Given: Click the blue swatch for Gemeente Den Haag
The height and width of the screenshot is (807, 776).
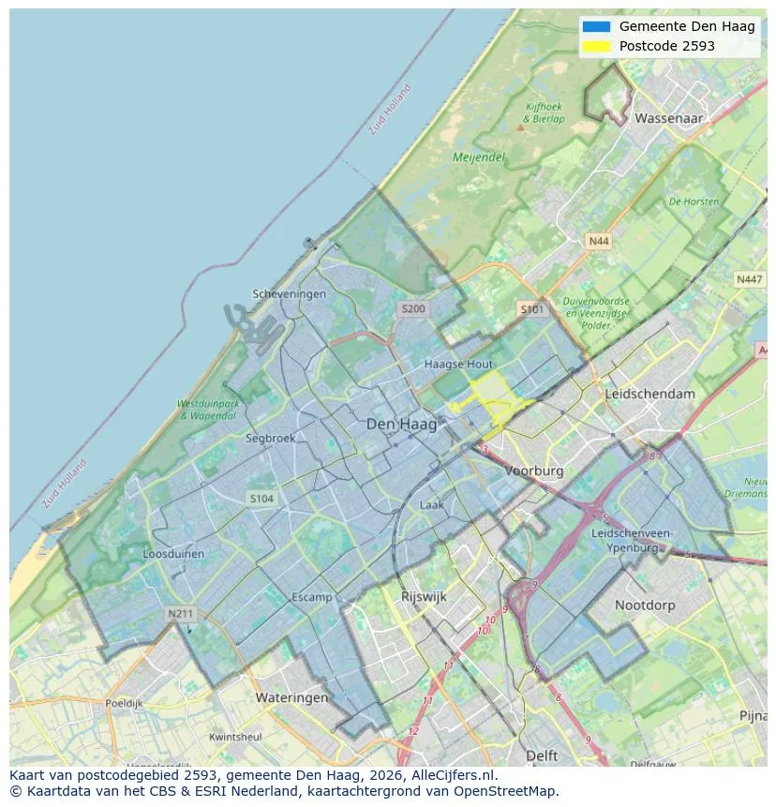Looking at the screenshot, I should [x=595, y=26].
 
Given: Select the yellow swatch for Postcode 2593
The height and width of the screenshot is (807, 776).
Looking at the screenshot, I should [x=595, y=46].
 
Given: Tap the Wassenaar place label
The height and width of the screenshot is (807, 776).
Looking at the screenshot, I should [x=668, y=119].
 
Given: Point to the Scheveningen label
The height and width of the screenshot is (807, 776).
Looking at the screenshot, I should [x=290, y=294].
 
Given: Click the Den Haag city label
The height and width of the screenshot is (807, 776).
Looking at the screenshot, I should [x=401, y=425].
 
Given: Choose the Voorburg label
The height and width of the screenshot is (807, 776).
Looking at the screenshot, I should [x=534, y=471].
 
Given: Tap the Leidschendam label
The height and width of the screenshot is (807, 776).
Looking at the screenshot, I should [x=650, y=394].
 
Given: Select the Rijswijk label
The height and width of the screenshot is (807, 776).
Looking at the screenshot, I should [x=424, y=596].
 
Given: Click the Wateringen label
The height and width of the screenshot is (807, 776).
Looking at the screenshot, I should [x=291, y=697].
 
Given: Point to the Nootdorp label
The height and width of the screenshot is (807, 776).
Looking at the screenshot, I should [x=645, y=605].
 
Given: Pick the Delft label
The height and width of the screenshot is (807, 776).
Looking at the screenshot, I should [x=542, y=755].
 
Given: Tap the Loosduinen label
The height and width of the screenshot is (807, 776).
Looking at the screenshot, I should [x=173, y=554].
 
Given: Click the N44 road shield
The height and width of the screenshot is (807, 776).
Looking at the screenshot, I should [x=598, y=242].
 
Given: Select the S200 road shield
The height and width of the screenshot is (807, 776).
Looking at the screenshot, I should [x=412, y=308].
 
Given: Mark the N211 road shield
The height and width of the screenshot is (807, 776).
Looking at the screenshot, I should [x=180, y=614].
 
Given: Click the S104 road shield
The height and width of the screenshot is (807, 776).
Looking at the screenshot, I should [x=261, y=499].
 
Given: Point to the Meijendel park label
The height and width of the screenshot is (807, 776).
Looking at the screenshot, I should [x=478, y=157].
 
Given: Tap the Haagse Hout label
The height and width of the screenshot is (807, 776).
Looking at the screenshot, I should [x=458, y=364].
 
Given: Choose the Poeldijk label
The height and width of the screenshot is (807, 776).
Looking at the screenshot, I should [x=123, y=703].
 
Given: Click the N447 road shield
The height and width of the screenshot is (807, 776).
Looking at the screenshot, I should [x=749, y=279].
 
